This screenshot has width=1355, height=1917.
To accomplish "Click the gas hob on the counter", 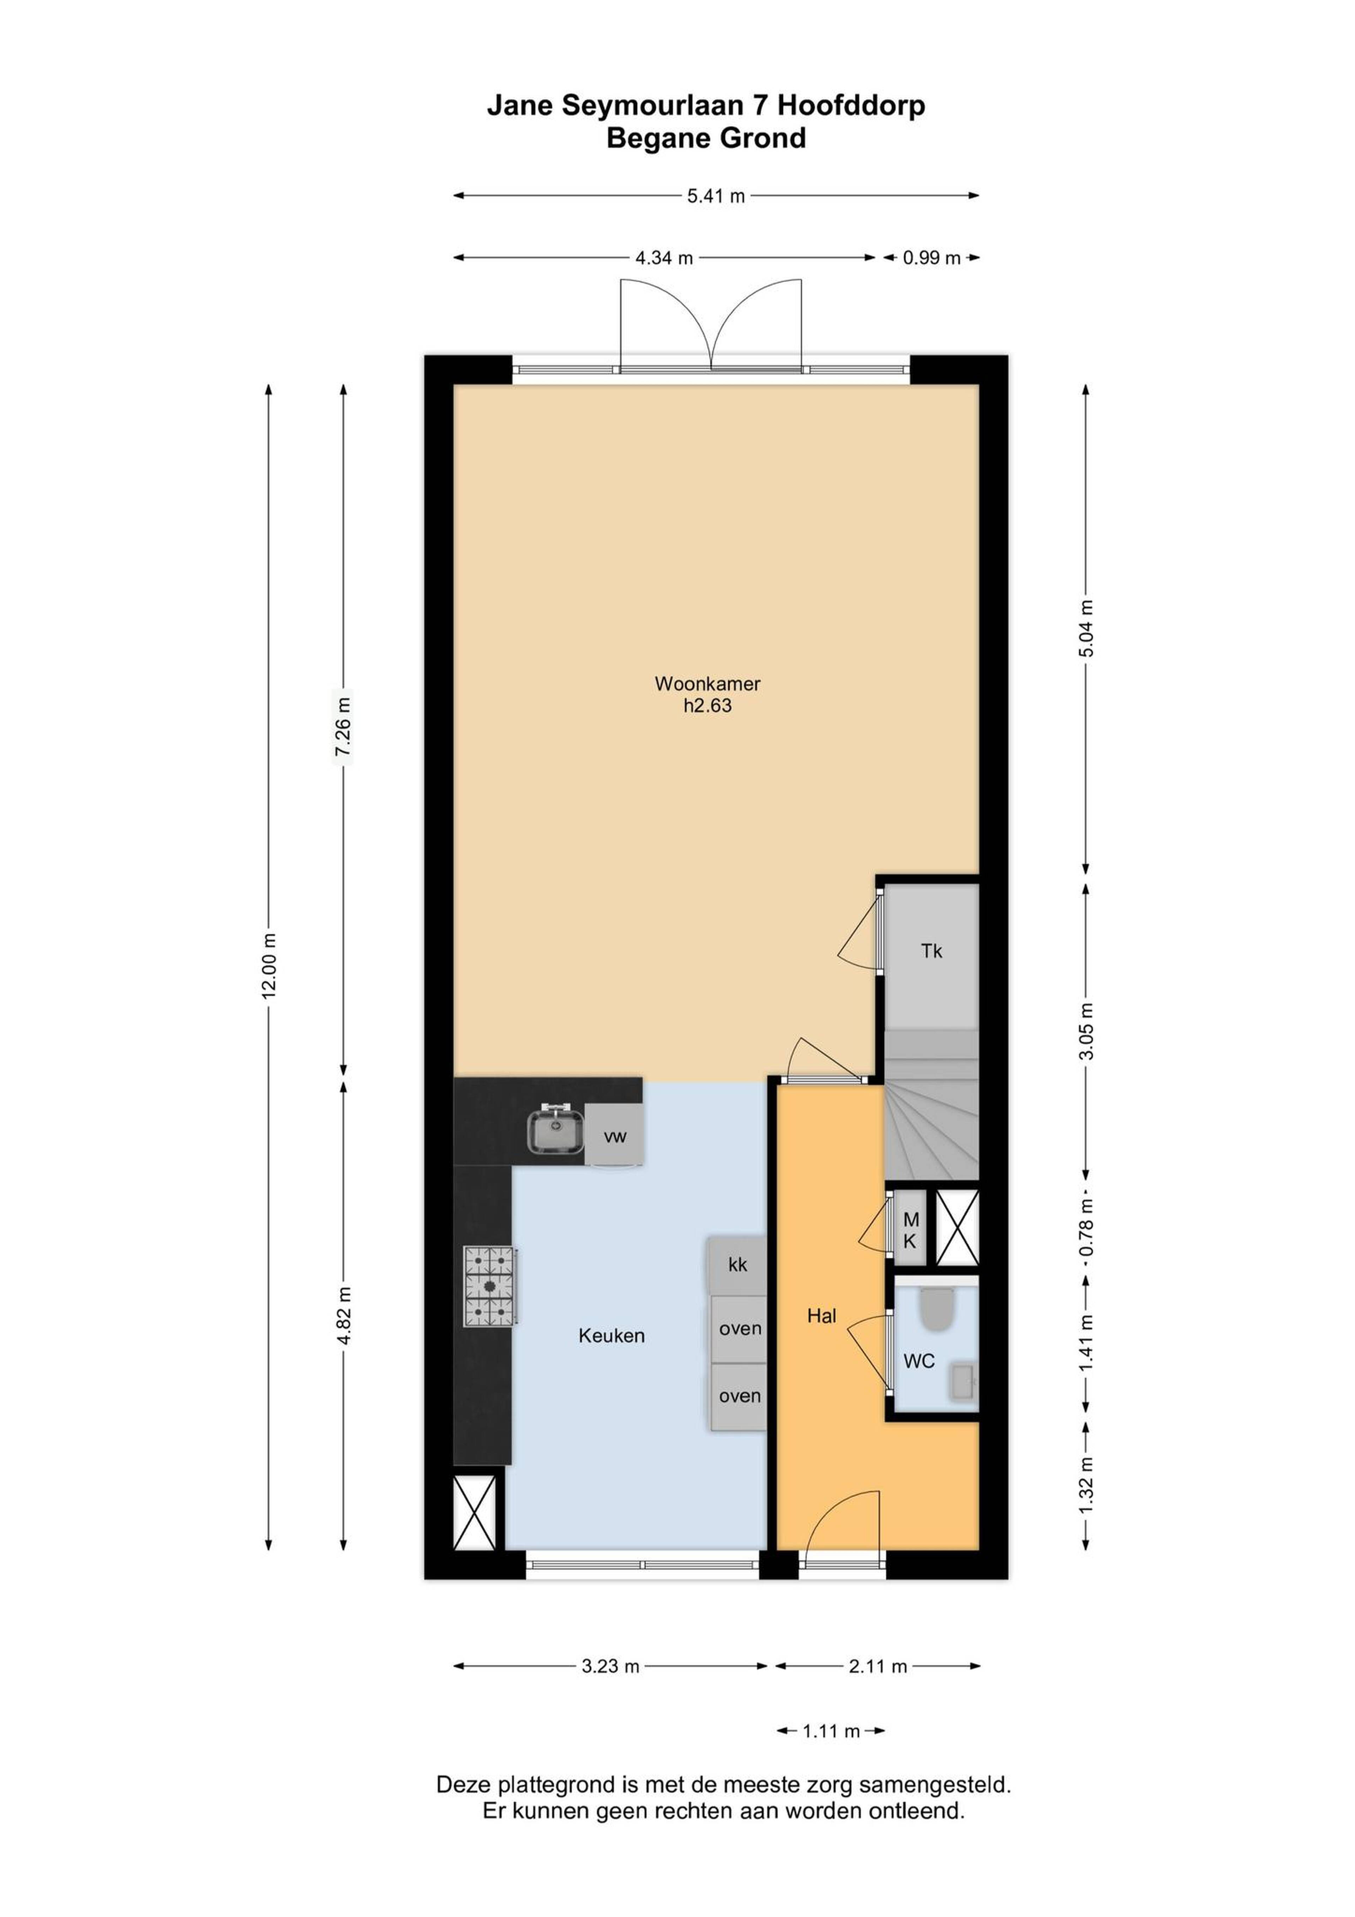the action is pos(490,1287).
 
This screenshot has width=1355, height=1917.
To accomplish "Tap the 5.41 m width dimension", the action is pos(716,196).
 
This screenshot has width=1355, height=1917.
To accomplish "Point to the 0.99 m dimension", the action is pos(931,258).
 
